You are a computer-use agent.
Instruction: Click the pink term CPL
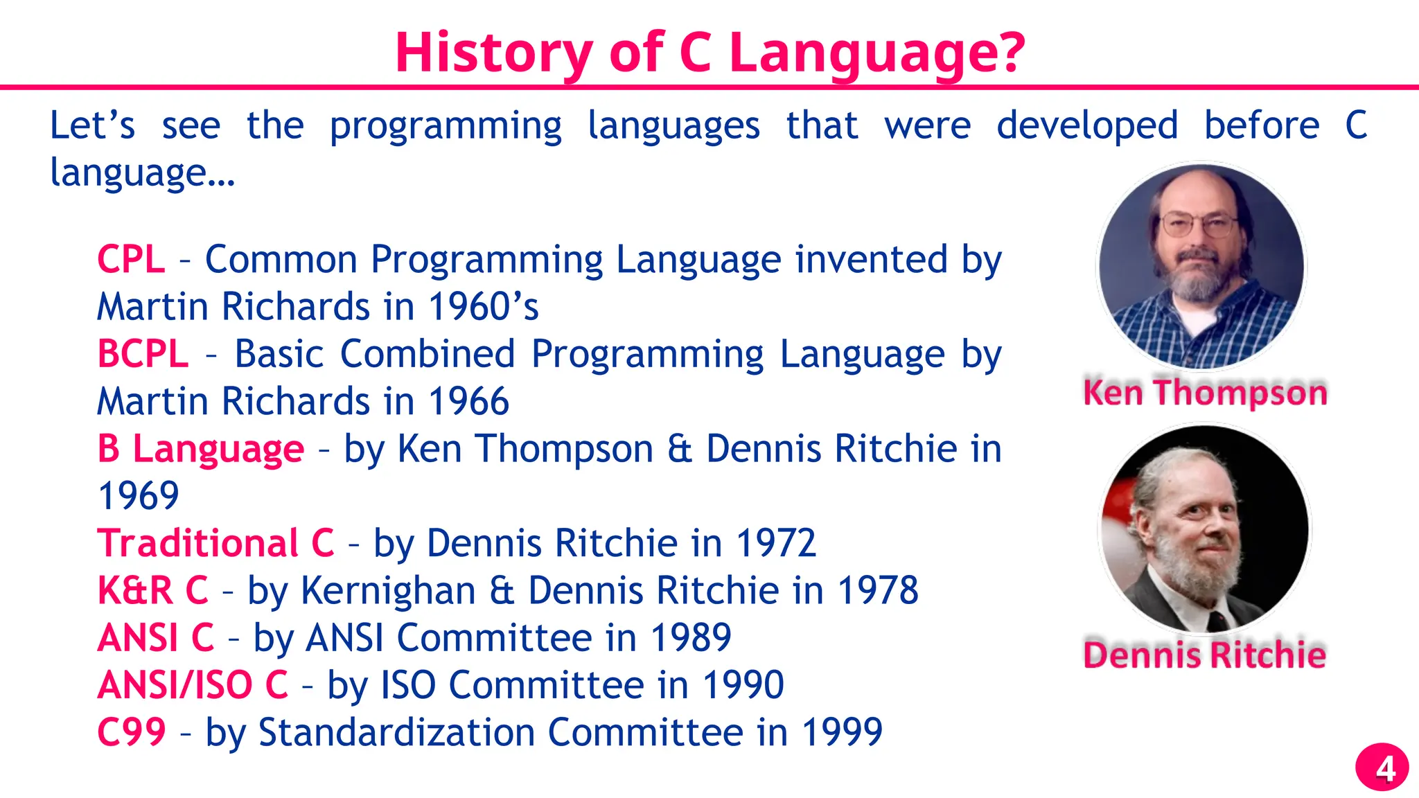(x=131, y=260)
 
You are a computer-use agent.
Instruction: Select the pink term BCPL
(x=143, y=354)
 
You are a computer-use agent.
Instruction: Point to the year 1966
(x=468, y=402)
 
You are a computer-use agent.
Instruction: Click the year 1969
(x=139, y=496)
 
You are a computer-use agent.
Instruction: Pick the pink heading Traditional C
(x=215, y=543)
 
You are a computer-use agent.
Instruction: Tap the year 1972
(x=775, y=543)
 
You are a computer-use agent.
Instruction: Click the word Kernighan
(x=388, y=591)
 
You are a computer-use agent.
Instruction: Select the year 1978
(x=878, y=591)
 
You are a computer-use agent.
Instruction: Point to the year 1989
(x=691, y=638)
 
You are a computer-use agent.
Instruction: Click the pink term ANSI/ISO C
(x=193, y=685)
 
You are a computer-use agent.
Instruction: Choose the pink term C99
(x=132, y=732)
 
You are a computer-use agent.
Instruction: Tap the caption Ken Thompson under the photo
(x=1205, y=393)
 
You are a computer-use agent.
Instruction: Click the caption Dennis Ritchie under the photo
(x=1204, y=655)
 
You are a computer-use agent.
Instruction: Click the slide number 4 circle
(x=1382, y=768)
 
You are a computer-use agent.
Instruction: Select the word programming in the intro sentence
(x=446, y=127)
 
